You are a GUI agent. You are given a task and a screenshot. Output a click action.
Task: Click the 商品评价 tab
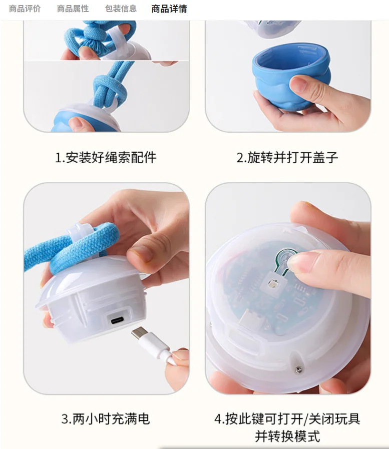pyautogui.click(x=25, y=9)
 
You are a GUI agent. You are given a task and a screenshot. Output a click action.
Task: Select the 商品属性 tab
pyautogui.click(x=73, y=9)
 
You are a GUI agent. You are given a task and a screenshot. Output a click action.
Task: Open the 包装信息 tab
pyautogui.click(x=121, y=9)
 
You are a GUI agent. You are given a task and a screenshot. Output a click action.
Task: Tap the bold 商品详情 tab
pyautogui.click(x=169, y=9)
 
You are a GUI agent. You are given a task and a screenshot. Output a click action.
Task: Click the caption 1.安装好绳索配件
pyautogui.click(x=106, y=158)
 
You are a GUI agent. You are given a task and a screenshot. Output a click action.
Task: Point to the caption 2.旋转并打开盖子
pyautogui.click(x=287, y=158)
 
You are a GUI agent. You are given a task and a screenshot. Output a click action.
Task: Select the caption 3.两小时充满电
pyautogui.click(x=106, y=419)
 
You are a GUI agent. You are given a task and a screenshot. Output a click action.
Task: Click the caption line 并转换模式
pyautogui.click(x=287, y=436)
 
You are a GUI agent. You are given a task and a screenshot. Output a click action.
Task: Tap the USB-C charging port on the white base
pyautogui.click(x=118, y=320)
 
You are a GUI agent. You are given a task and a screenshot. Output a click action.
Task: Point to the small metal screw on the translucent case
pyautogui.click(x=299, y=370)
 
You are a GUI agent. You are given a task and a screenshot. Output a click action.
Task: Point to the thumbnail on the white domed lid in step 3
pyautogui.click(x=140, y=253)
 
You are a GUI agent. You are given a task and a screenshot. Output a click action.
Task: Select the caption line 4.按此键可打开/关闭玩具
pyautogui.click(x=287, y=419)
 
